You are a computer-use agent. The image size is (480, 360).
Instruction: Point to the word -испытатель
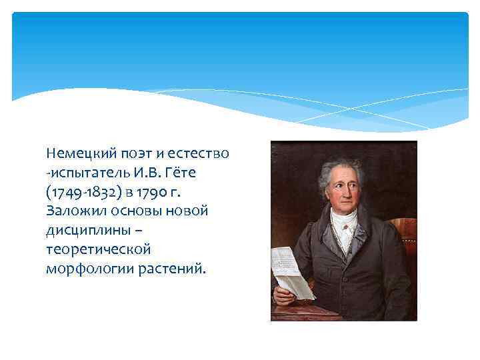click(x=83, y=173)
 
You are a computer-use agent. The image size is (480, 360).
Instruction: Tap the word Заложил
click(x=73, y=211)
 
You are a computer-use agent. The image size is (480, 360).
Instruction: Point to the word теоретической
click(x=99, y=250)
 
